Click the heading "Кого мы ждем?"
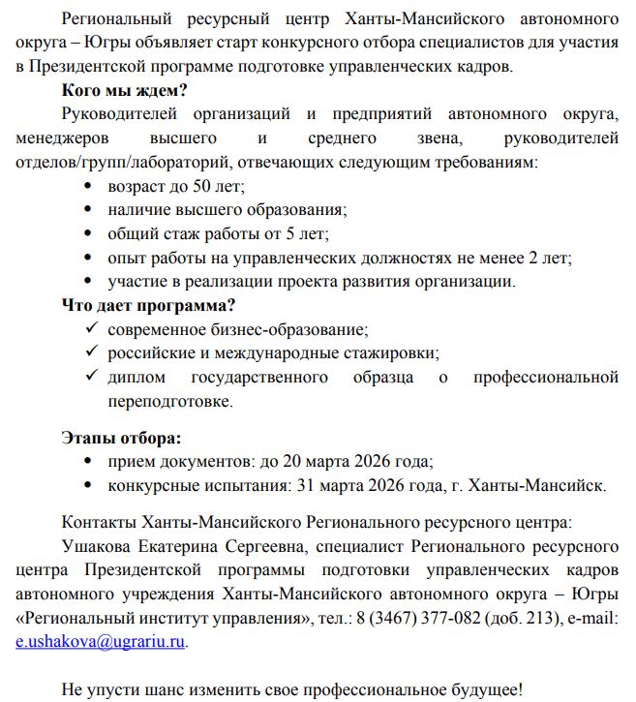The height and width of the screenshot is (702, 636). (x=124, y=92)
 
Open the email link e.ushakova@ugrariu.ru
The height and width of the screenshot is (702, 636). (x=101, y=640)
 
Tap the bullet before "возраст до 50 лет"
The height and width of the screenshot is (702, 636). (x=91, y=187)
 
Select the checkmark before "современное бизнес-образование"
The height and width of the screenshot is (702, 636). (x=91, y=329)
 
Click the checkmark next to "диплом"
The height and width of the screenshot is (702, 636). (x=91, y=376)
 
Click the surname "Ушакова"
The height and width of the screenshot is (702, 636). (x=96, y=546)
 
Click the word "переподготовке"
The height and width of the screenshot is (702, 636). (x=169, y=400)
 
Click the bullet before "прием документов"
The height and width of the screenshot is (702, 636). (x=91, y=462)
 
